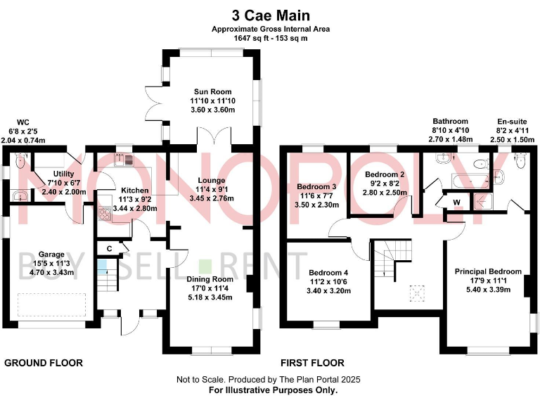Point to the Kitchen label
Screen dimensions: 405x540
pos(134,191)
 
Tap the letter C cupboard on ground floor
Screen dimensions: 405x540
pos(110,248)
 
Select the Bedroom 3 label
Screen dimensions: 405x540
pos(316,186)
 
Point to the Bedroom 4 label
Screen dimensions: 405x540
pos(328,272)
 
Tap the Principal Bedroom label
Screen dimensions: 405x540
pos(488,271)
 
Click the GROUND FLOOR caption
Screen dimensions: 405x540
pos(44,363)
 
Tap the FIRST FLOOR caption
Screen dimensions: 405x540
pos(312,363)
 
